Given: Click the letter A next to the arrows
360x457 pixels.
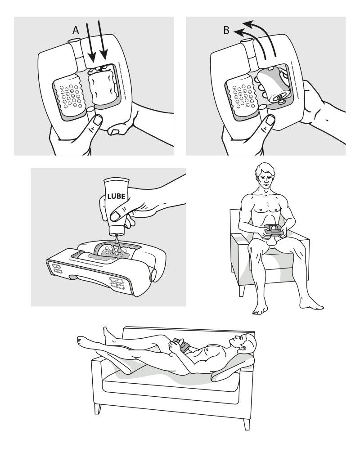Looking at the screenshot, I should (76, 30).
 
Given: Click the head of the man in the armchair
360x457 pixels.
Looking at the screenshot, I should (263, 178).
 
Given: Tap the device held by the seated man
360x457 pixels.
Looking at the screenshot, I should (273, 230).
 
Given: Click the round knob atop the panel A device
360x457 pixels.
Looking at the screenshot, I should (75, 42).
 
